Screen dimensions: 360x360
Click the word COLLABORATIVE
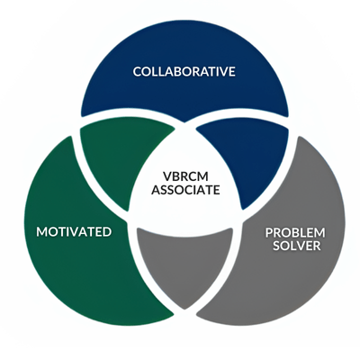tap(184, 72)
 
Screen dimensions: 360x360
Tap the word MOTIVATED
tap(74, 232)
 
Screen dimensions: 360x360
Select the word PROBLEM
tap(295, 232)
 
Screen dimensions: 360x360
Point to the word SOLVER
tap(297, 246)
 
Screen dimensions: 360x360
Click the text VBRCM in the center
tap(185, 176)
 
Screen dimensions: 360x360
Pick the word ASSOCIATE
tap(185, 190)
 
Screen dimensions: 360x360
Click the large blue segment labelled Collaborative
tap(184, 75)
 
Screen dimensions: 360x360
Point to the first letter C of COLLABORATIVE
tap(138, 72)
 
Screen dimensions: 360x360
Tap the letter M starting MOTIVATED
tap(42, 232)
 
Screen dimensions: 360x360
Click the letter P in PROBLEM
tap(269, 232)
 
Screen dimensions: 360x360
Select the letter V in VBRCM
tap(166, 176)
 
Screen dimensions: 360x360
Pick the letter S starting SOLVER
tap(276, 246)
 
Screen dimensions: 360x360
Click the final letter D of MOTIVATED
tap(107, 232)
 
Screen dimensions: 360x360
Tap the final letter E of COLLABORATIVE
tap(232, 72)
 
